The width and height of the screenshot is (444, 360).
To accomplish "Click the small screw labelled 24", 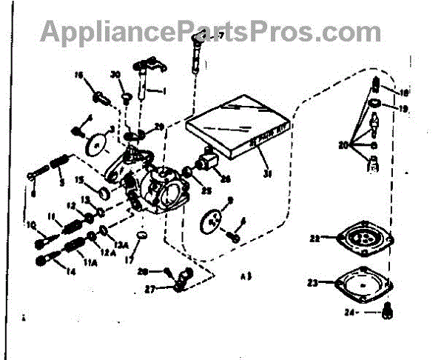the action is pos(387,313).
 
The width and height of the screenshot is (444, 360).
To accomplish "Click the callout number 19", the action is pos(403,108).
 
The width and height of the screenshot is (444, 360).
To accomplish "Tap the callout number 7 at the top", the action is pos(220,36).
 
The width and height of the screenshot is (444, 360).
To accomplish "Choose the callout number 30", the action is pos(116,74).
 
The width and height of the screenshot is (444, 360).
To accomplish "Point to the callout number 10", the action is pos(33,225).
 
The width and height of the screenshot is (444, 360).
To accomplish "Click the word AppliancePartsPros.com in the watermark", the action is pos(211,33).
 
